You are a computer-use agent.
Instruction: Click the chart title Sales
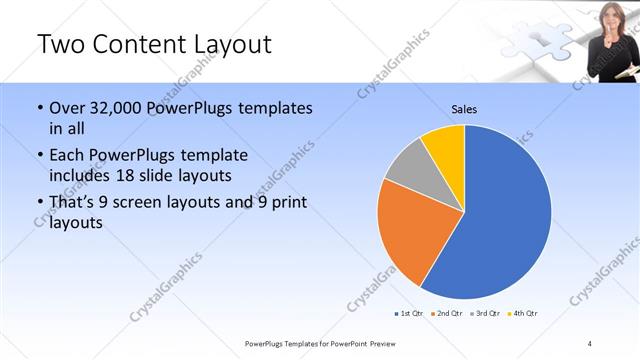464,109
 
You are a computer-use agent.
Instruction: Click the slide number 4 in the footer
590,343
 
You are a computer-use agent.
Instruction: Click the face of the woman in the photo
608,17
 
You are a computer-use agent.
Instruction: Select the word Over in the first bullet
68,107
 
